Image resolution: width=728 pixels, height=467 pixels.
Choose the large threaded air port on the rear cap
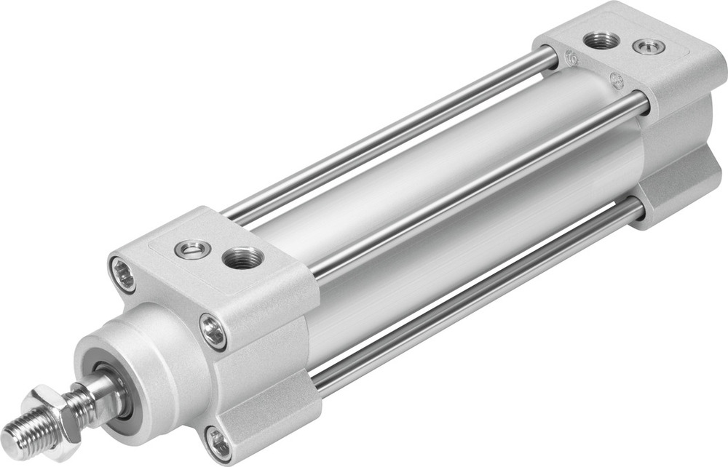coord(602,41)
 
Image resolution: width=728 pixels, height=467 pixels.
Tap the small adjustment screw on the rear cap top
coord(648,48)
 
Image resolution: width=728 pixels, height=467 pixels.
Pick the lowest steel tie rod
coord(480,298)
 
